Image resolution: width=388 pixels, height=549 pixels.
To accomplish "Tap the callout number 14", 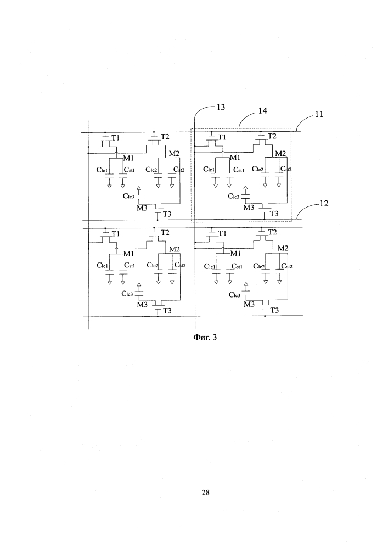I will [x=263, y=111].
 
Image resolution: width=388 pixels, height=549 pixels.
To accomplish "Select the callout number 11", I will [x=318, y=115].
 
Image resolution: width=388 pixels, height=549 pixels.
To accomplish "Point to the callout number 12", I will [x=324, y=204].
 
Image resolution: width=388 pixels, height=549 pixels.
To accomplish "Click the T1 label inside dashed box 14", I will [x=222, y=137].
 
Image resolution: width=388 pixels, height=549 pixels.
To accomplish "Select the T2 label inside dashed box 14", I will [x=272, y=137].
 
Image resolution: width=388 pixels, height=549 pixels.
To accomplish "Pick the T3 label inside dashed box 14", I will [x=274, y=214].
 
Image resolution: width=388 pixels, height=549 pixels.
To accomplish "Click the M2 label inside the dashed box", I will [x=280, y=153].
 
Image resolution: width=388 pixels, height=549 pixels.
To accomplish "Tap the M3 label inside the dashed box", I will [x=249, y=207].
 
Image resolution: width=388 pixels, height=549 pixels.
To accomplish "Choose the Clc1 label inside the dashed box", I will [x=209, y=170].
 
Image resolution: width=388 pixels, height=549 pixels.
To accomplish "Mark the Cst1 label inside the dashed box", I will [x=238, y=170].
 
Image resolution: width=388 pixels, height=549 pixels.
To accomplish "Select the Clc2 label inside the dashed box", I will [x=257, y=170].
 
